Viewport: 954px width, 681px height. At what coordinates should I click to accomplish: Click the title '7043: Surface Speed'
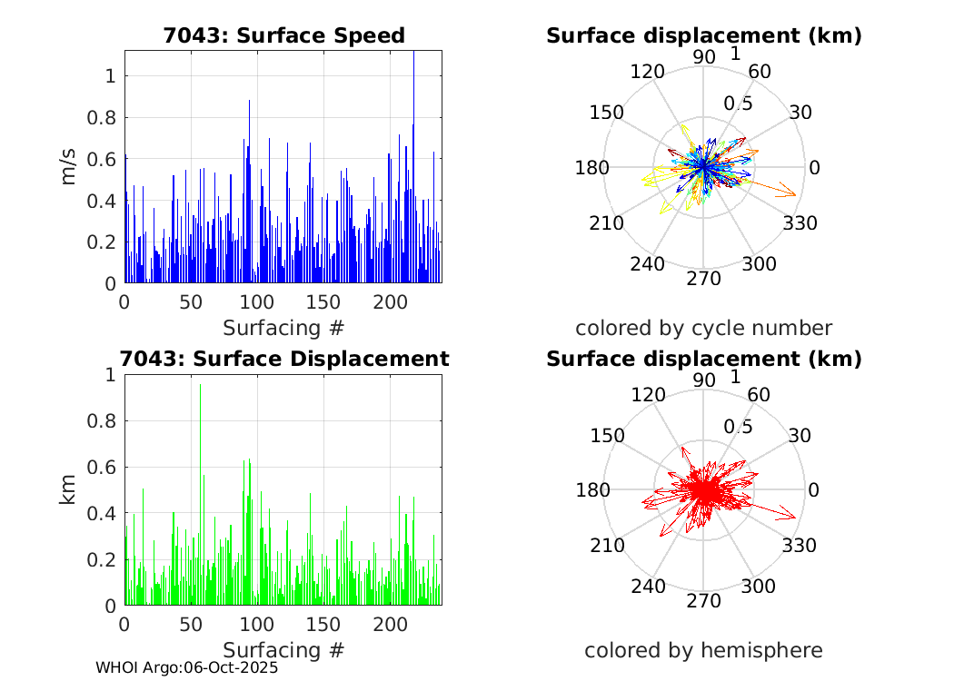pos(283,35)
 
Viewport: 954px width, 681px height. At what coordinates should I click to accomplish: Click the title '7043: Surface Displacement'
pos(283,359)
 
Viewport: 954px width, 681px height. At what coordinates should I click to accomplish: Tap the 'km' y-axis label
pos(69,490)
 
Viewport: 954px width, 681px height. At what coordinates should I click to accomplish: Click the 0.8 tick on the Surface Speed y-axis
pos(104,117)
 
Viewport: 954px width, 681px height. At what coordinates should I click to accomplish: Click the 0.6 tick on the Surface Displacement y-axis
pos(104,467)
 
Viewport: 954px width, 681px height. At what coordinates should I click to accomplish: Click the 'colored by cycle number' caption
pos(703,328)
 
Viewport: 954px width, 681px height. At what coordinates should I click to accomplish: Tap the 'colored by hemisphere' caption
pos(703,650)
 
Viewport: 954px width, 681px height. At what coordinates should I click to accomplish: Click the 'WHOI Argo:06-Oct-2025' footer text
pos(187,667)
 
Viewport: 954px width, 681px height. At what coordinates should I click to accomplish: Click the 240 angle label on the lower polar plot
pos(649,587)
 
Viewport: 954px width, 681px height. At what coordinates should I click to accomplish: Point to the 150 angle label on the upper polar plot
pos(607,113)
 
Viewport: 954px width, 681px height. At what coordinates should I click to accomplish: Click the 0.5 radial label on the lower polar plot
pos(738,426)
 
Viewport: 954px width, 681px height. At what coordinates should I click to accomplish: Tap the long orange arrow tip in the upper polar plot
pos(796,194)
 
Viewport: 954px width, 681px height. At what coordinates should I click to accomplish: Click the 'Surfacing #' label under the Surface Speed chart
pos(283,328)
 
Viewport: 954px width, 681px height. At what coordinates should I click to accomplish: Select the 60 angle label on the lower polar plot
pos(760,394)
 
